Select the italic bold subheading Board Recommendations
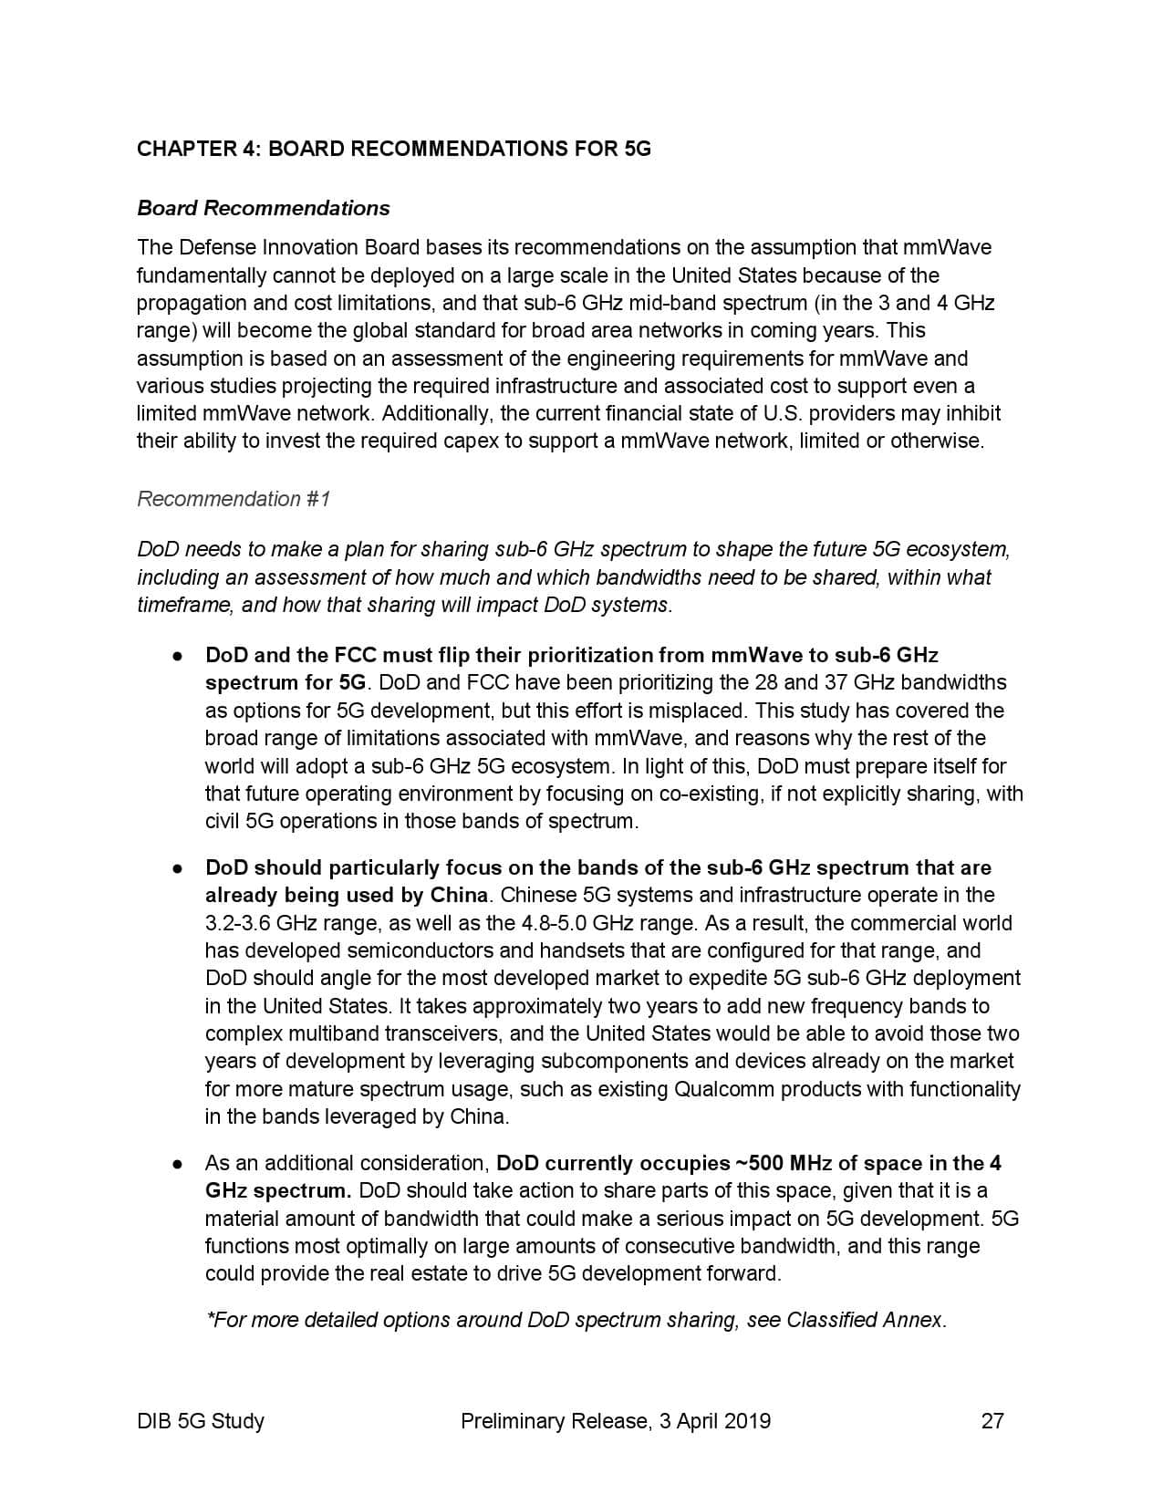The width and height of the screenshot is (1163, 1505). [x=263, y=208]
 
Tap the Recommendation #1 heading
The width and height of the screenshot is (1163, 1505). [x=234, y=499]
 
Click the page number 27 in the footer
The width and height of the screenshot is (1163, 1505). [x=992, y=1420]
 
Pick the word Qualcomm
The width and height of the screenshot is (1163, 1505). [x=717, y=1089]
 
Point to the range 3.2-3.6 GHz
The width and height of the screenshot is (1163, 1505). [x=261, y=923]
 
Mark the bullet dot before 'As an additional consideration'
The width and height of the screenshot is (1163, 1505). [x=179, y=1164]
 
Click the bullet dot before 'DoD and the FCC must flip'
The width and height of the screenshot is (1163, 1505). [x=179, y=656]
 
